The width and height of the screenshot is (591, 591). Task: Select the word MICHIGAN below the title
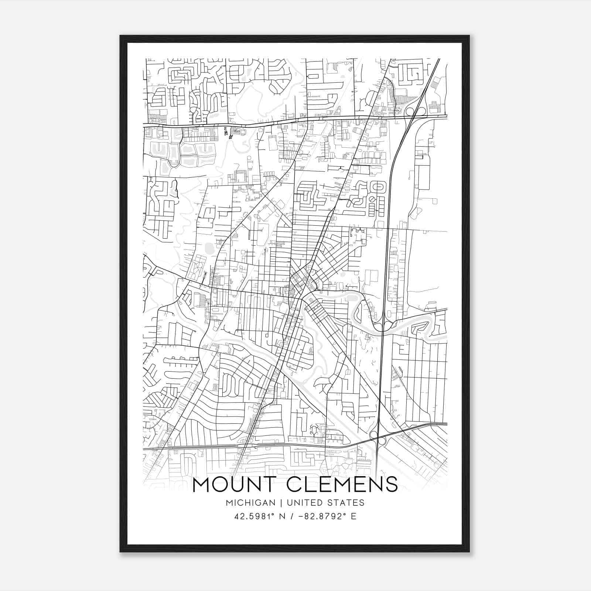pos(250,503)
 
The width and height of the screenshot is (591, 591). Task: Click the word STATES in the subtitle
pos(346,503)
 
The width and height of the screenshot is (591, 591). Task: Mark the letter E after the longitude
pos(354,516)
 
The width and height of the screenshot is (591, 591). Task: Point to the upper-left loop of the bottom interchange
pos(373,435)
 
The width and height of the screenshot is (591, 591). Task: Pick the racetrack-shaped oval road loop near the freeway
pos(378,187)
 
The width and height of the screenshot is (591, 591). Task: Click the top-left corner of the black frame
pos(121,36)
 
